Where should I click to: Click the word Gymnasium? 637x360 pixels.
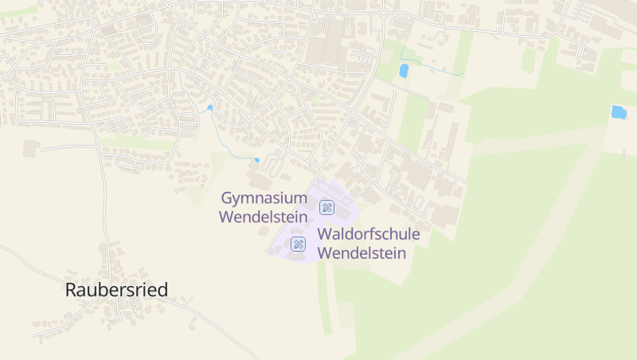click(x=264, y=198)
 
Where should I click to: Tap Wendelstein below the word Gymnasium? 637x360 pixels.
click(x=264, y=216)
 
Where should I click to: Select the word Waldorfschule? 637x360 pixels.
click(x=368, y=235)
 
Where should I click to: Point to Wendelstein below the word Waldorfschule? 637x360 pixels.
click(x=361, y=253)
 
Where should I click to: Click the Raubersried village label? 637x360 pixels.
click(x=116, y=290)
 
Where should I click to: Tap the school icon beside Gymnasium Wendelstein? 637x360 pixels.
click(x=326, y=207)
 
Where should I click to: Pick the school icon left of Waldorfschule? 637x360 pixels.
click(x=299, y=244)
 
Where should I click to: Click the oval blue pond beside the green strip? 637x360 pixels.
click(x=404, y=70)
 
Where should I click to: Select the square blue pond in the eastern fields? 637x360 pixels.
click(x=618, y=112)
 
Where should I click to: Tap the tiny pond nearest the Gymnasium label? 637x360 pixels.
click(x=256, y=160)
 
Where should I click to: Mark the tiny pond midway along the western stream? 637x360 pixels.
click(x=210, y=108)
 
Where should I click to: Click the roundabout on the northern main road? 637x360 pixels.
click(x=383, y=14)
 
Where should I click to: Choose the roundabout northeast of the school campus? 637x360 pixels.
click(x=352, y=113)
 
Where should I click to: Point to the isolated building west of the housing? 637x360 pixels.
click(x=31, y=147)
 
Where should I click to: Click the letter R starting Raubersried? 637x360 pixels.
click(x=71, y=290)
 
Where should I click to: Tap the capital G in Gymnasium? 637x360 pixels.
click(x=226, y=198)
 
